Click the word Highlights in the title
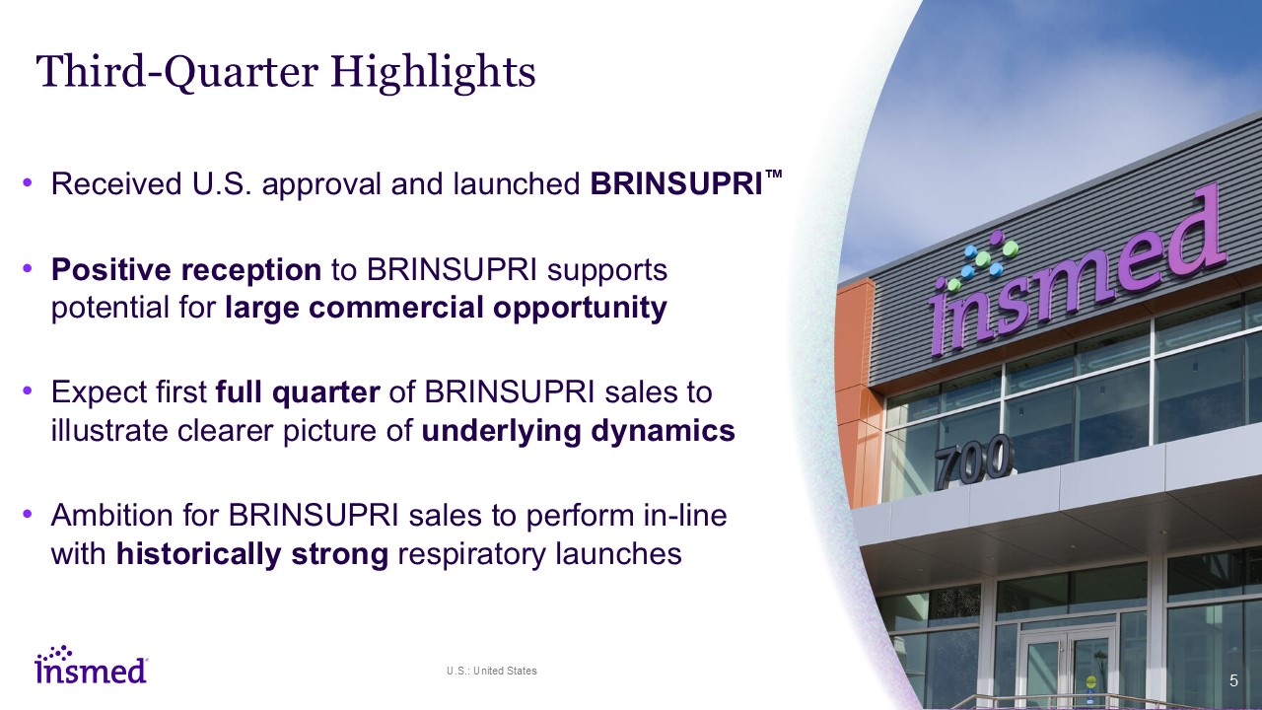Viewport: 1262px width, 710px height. [433, 73]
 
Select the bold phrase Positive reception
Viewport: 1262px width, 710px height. [186, 270]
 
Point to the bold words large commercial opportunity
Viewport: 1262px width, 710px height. [446, 308]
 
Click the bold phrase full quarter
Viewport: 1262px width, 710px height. [298, 392]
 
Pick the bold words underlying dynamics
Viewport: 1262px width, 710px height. [578, 431]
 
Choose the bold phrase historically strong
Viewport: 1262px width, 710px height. [251, 553]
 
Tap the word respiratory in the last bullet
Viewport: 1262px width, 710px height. [471, 554]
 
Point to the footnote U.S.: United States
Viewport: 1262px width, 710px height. [492, 671]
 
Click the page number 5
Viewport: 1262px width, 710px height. [1233, 680]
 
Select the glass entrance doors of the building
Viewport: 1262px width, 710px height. [1067, 666]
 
